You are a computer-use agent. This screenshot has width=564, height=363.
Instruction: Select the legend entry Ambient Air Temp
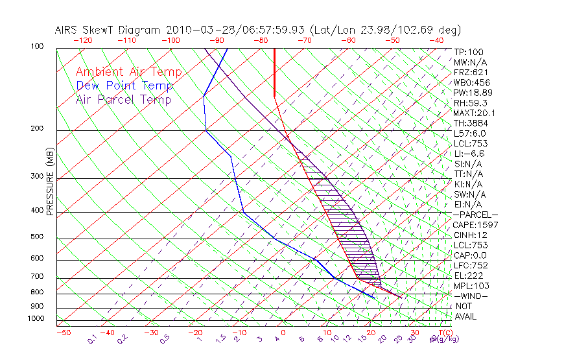pyautogui.click(x=128, y=72)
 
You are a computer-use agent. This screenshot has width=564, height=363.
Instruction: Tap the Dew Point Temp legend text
pyautogui.click(x=124, y=86)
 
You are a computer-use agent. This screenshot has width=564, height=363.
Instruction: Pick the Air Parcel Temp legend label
pyautogui.click(x=123, y=99)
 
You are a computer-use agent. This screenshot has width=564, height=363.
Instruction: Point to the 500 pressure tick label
pyautogui.click(x=37, y=237)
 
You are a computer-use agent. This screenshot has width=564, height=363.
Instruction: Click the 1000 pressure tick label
pyautogui.click(x=35, y=319)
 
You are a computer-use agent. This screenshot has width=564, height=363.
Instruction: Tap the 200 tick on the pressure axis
pyautogui.click(x=37, y=129)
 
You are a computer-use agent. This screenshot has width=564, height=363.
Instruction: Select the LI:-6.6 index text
pyautogui.click(x=469, y=154)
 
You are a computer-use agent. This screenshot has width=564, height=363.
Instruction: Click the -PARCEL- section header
pyautogui.click(x=475, y=215)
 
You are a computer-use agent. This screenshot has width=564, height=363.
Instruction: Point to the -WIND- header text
pyautogui.click(x=471, y=296)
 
